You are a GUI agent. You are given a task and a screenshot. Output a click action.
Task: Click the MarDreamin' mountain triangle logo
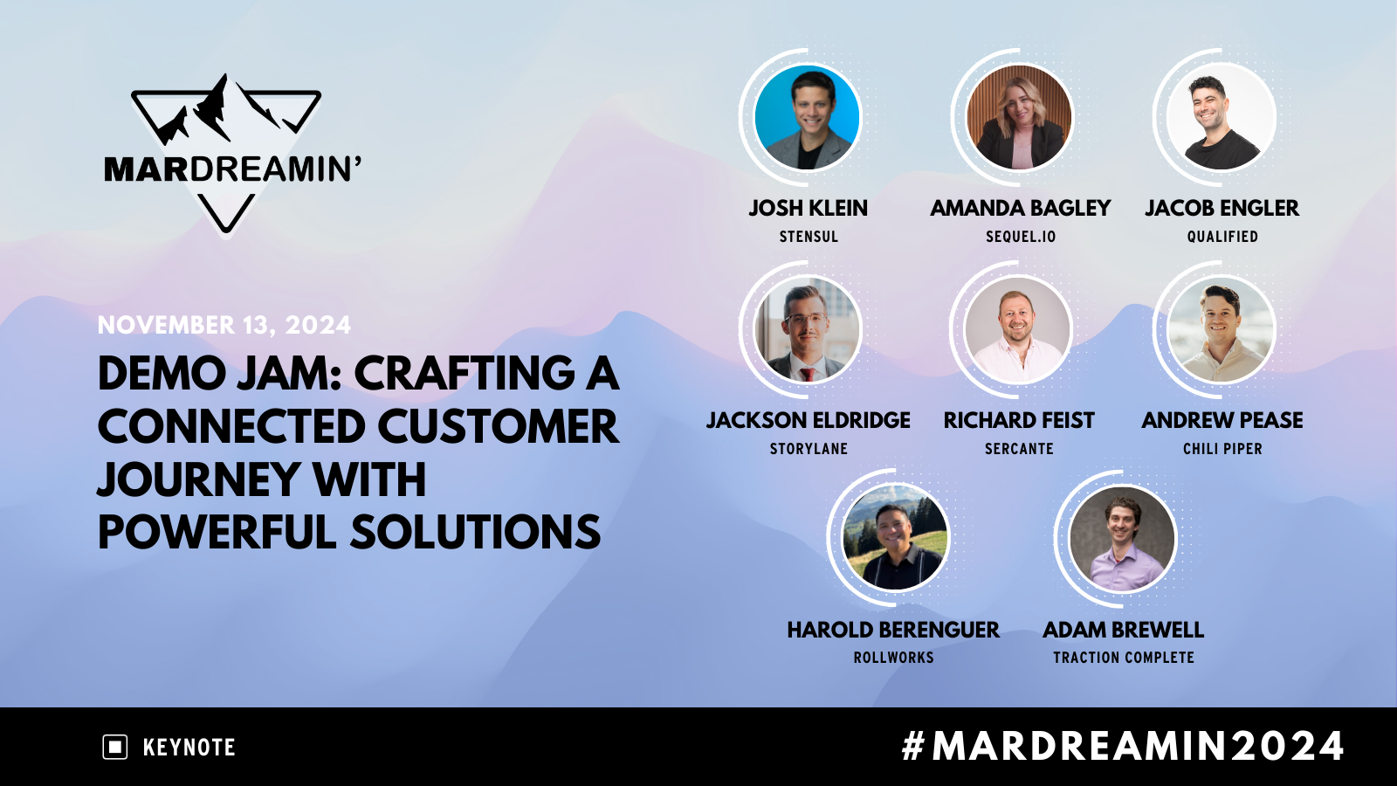227,153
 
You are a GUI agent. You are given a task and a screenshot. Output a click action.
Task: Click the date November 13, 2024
224,325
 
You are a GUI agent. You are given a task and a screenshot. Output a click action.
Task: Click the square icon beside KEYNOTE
115,748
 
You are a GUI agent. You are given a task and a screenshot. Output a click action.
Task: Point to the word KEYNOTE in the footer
189,748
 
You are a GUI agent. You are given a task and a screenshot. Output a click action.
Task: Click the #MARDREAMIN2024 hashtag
1123,747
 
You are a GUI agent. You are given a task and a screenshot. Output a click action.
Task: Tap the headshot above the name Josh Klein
808,117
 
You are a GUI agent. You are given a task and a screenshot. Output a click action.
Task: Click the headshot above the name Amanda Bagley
1019,117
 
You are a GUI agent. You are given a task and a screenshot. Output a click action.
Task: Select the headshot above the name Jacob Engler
1222,117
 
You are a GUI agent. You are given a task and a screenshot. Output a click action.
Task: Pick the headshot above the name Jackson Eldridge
808,329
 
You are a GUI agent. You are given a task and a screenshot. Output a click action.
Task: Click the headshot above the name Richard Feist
1017,329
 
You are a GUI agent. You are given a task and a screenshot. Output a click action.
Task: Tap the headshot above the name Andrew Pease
1222,329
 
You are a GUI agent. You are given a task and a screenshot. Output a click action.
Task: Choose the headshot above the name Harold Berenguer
894,537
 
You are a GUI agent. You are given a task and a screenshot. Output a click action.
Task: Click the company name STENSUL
809,237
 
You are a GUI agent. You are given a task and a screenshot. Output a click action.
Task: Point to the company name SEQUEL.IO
1021,237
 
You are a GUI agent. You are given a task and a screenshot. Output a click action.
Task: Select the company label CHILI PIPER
1222,449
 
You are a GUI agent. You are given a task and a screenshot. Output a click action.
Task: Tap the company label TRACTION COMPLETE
1123,658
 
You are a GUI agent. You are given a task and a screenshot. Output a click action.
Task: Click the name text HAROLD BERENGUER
893,630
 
